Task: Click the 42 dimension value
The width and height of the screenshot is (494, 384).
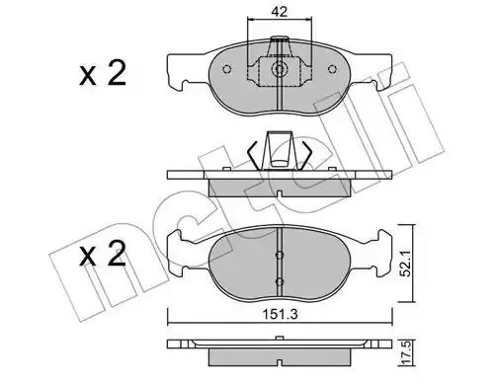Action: [x=280, y=12]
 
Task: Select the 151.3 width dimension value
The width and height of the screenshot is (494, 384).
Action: [x=280, y=315]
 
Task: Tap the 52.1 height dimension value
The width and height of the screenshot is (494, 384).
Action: [x=406, y=263]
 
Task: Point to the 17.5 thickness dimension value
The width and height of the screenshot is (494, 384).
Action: [x=406, y=352]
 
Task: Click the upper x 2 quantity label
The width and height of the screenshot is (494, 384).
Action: [x=103, y=74]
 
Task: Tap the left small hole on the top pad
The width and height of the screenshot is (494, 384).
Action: [x=226, y=69]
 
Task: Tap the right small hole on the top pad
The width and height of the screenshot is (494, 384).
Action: [x=333, y=69]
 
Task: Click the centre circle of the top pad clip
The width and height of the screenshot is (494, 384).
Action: [x=280, y=69]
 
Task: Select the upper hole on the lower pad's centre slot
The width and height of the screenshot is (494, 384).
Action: [x=280, y=255]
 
